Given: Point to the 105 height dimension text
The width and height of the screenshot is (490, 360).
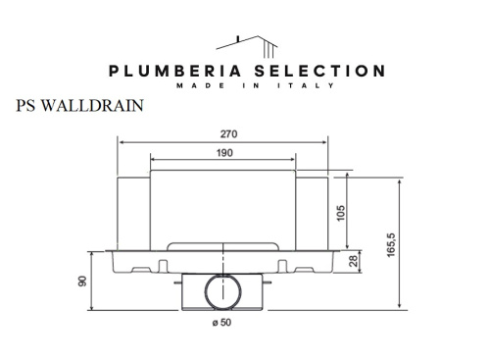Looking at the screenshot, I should point(341,214).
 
